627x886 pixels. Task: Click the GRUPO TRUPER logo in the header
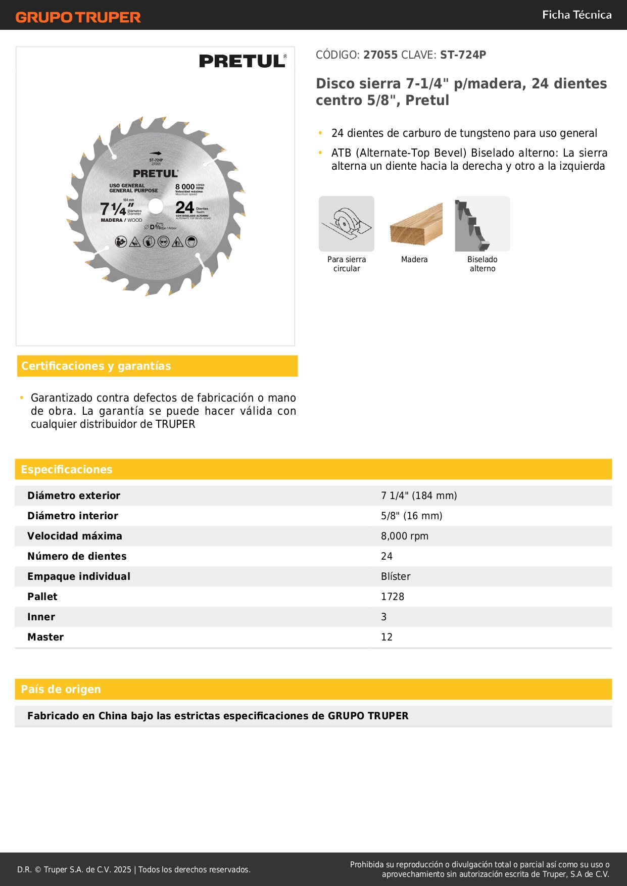point(78,17)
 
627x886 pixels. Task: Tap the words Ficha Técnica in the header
point(576,15)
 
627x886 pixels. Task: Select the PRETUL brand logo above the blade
point(243,61)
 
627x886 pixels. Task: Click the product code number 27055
point(380,55)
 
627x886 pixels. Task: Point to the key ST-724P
point(463,55)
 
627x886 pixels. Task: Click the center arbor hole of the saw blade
point(156,206)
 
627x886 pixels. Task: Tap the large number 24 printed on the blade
point(184,208)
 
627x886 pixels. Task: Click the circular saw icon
point(347,224)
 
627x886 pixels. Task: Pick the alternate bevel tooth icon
point(482,224)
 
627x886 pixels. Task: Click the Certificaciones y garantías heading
point(96,366)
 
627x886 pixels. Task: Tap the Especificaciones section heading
point(67,470)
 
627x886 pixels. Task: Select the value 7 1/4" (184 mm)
point(419,496)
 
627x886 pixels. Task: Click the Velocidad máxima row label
point(75,536)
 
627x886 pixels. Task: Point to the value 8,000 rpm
point(404,536)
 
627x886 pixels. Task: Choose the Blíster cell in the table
point(396,576)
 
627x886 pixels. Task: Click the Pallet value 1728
point(393,597)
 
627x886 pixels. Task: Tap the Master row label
point(45,637)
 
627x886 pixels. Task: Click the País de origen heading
point(61,690)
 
